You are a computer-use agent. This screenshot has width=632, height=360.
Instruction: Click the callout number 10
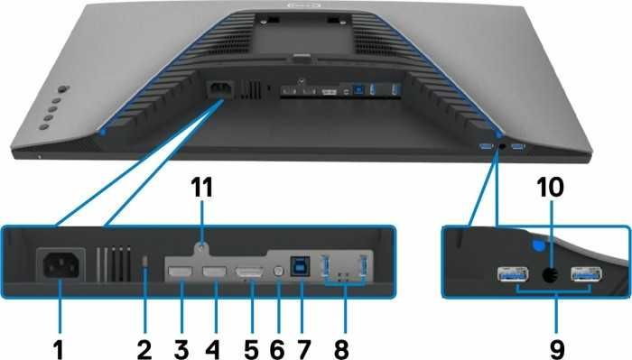coord(551,188)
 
